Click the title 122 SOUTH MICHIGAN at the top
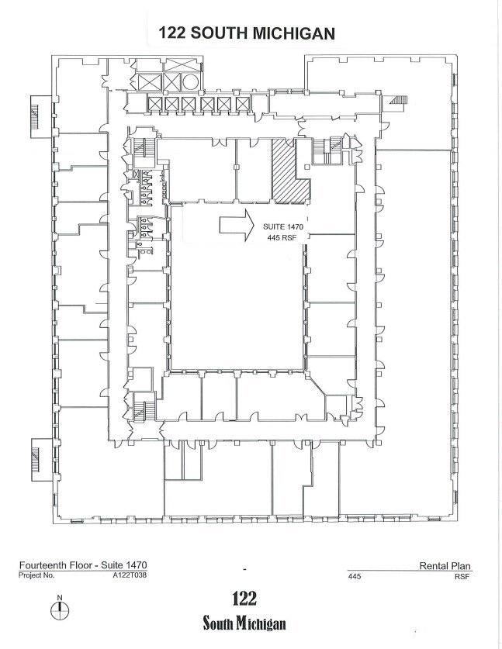click(246, 33)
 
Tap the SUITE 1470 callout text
click(285, 225)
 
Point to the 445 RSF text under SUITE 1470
click(284, 237)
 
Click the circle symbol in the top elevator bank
click(190, 81)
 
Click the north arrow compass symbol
click(60, 609)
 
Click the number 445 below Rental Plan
click(355, 577)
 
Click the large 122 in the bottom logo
click(244, 599)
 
